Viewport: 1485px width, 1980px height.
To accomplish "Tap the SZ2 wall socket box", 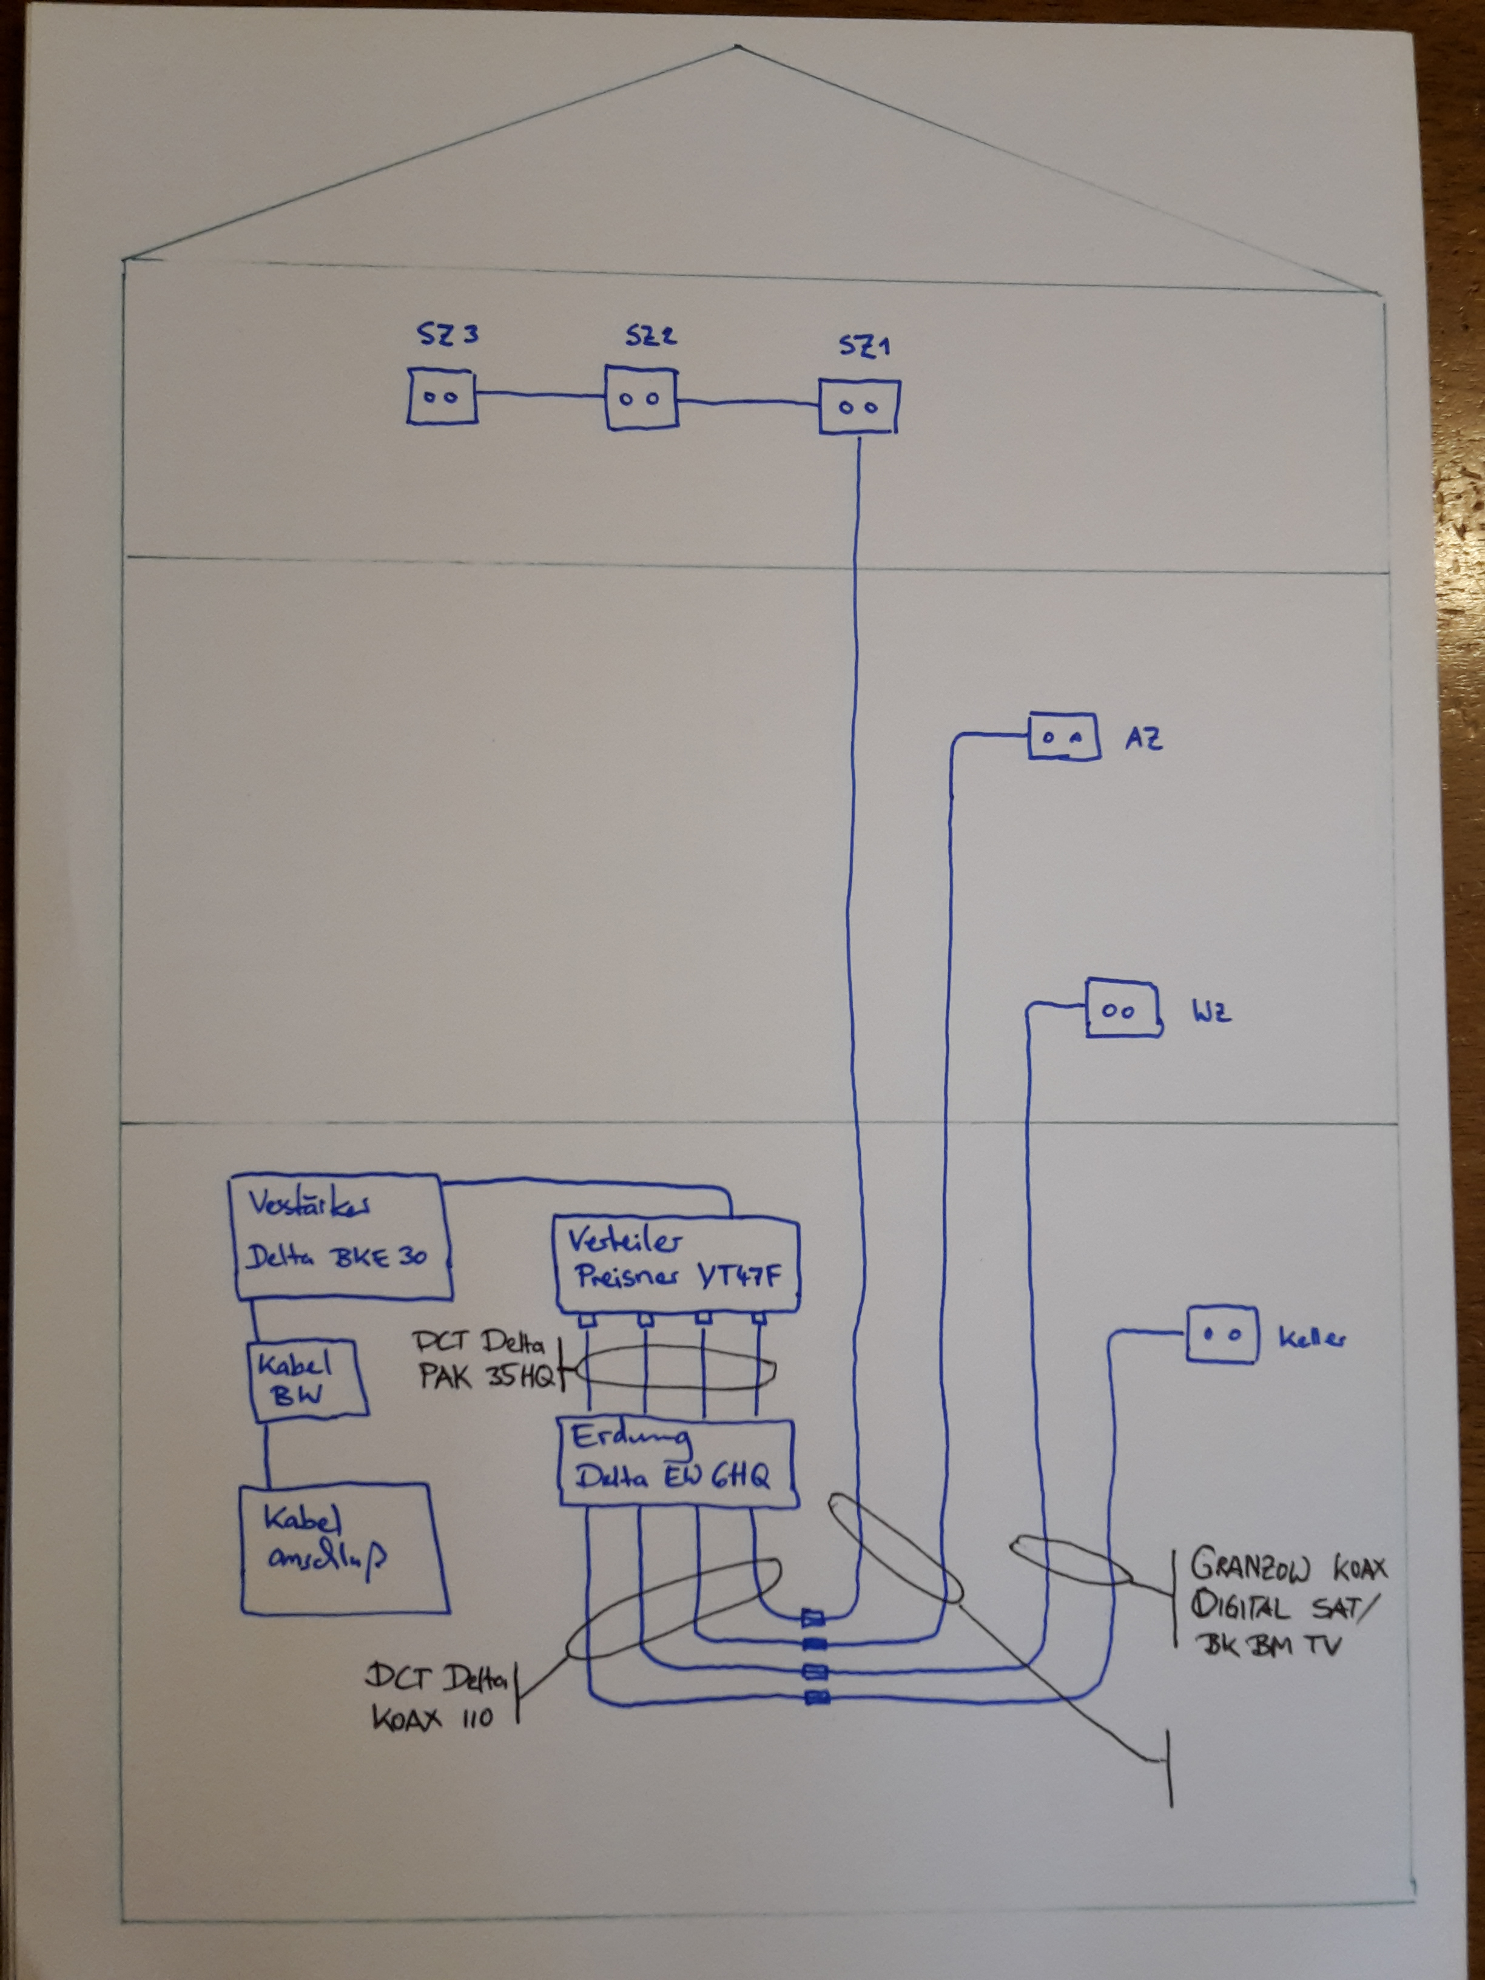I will pyautogui.click(x=641, y=397).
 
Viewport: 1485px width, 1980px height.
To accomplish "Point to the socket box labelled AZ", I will pyautogui.click(x=1063, y=736).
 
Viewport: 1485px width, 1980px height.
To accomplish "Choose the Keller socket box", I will pyautogui.click(x=1222, y=1335).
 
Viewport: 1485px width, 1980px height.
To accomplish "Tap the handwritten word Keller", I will pyautogui.click(x=1312, y=1339).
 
